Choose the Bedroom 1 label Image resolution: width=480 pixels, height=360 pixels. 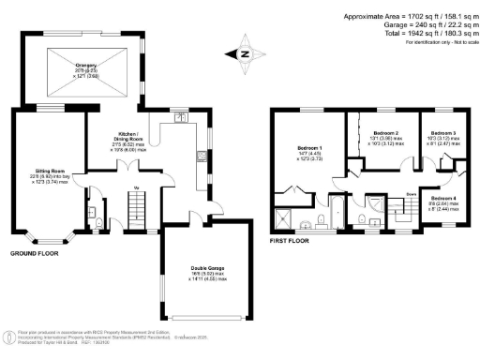click(x=309, y=153)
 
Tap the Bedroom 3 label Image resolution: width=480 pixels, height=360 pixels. click(x=443, y=137)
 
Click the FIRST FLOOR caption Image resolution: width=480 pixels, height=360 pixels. click(x=291, y=241)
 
